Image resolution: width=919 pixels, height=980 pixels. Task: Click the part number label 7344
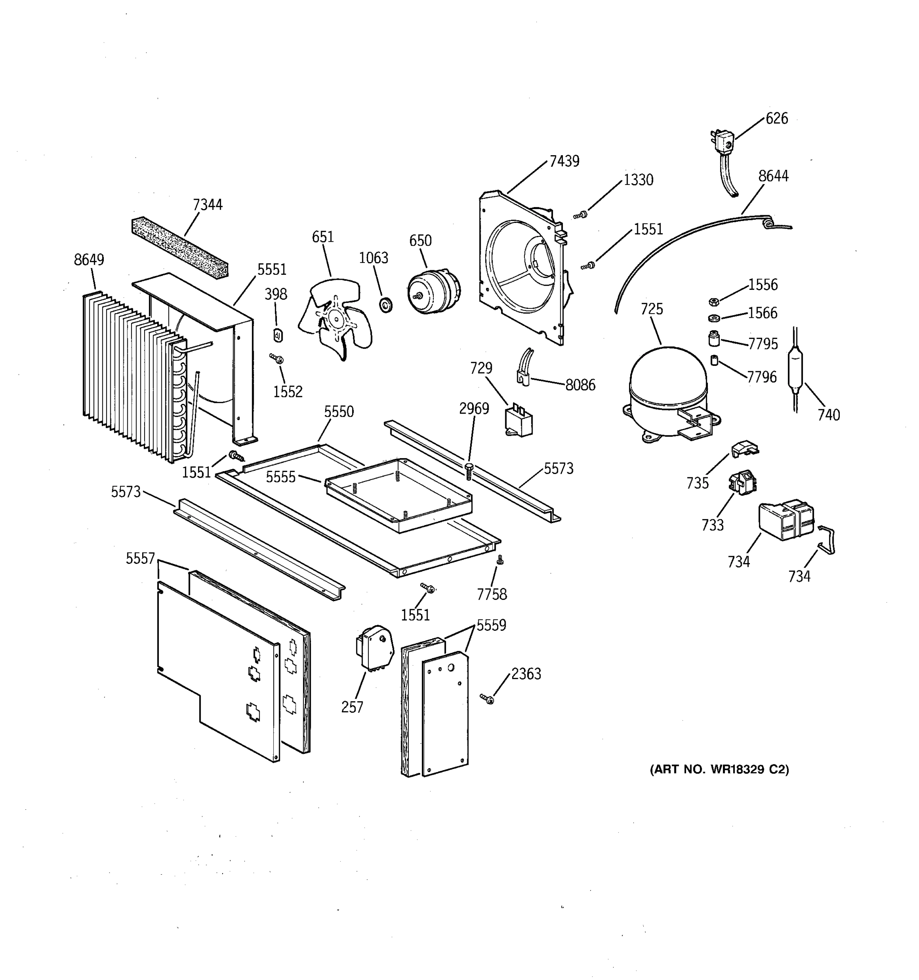pos(207,204)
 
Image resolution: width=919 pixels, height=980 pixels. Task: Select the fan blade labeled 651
pos(336,318)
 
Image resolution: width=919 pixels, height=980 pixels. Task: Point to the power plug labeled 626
pos(724,143)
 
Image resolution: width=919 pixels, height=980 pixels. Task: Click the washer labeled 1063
pos(386,304)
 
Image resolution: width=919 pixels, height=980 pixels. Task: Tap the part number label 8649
pos(89,260)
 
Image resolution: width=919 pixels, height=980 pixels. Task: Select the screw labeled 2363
pos(488,699)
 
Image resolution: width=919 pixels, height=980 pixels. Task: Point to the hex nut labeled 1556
pos(714,301)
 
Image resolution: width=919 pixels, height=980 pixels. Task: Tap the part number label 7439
pos(564,161)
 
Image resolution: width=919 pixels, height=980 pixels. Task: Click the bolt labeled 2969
pos(469,471)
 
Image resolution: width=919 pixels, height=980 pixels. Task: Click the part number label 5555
pos(281,477)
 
